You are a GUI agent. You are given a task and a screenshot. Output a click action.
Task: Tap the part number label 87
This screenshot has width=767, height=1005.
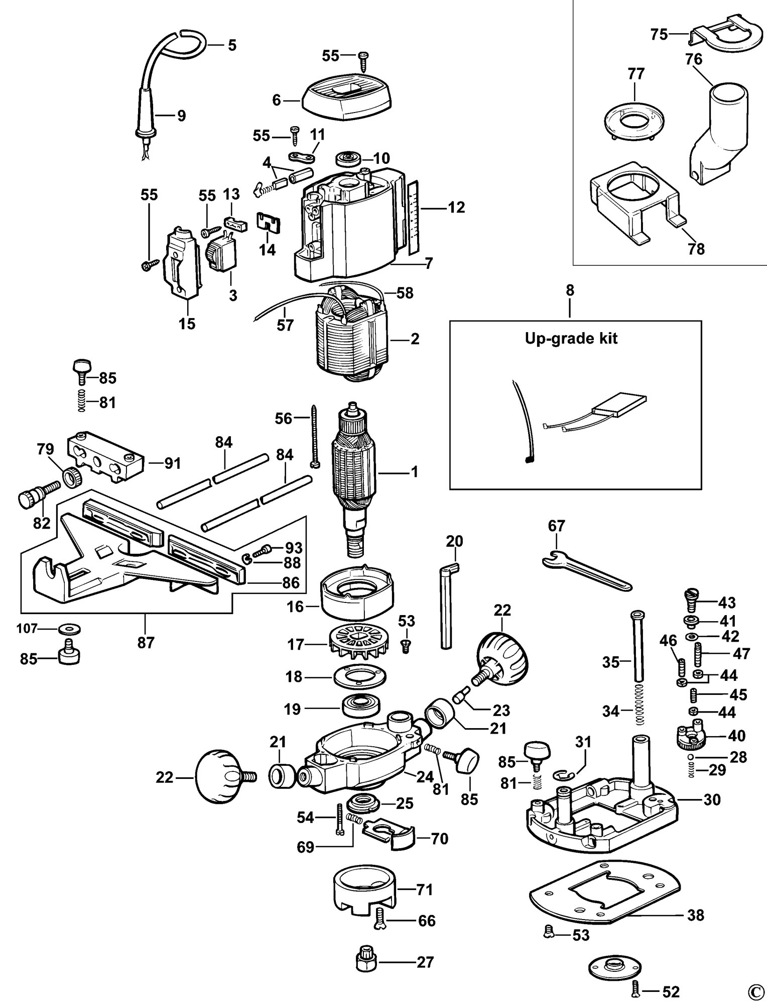click(x=146, y=642)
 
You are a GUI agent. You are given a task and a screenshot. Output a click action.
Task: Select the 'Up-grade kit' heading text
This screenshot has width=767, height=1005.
click(x=571, y=338)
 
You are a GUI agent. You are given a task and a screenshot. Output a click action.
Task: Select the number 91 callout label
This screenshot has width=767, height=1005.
click(x=172, y=463)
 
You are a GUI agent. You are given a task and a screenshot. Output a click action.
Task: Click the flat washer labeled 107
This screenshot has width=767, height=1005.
click(x=69, y=629)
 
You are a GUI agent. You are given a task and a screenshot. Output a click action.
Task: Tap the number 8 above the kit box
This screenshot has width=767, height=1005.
click(x=570, y=291)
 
